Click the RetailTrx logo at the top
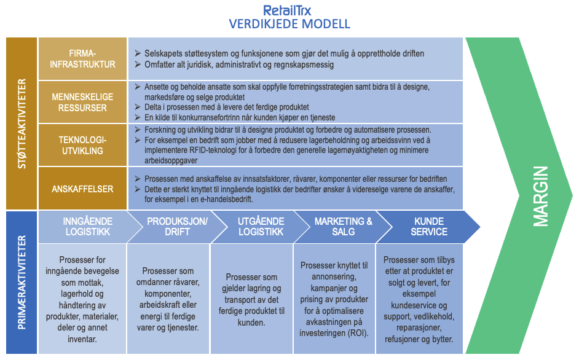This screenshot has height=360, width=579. pos(289,10)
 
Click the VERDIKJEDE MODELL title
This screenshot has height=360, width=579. pos(289,25)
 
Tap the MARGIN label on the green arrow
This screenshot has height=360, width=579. pos(540,196)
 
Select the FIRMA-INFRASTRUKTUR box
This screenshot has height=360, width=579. pos(83,58)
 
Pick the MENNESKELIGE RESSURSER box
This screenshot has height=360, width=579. pos(83,102)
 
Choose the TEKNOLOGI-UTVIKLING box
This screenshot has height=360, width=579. pos(83,145)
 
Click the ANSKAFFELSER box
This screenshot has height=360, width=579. pos(83,189)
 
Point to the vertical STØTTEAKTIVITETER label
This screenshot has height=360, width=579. pos(22,123)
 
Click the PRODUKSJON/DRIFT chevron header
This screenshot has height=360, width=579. pos(168,227)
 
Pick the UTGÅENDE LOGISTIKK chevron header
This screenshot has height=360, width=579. pos(252,227)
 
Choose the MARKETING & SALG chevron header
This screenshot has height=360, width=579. pos(335,227)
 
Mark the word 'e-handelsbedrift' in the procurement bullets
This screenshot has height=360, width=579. pos(221,199)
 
